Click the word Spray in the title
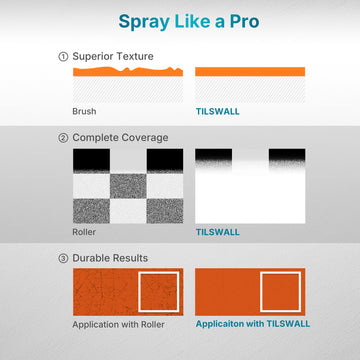click(144, 23)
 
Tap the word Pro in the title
click(244, 21)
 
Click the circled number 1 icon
click(63, 57)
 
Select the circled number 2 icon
click(63, 138)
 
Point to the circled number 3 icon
click(63, 258)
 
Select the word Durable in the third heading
click(90, 258)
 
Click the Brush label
click(84, 111)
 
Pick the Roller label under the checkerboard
click(84, 232)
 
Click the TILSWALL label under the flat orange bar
click(218, 111)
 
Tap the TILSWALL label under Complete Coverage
click(218, 232)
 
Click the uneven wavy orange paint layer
click(128, 72)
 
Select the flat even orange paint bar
click(250, 72)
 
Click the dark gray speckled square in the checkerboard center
click(128, 186)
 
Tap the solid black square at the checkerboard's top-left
click(91, 160)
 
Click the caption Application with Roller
click(118, 324)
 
